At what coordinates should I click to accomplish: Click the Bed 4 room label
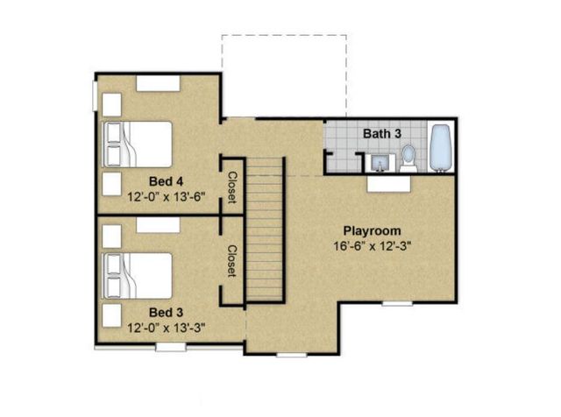click(x=165, y=182)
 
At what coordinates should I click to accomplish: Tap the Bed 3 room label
click(x=165, y=312)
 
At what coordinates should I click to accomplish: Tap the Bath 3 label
click(x=382, y=134)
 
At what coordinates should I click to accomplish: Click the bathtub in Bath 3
click(x=439, y=148)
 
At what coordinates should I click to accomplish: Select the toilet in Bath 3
click(x=408, y=158)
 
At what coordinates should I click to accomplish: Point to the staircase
click(x=265, y=230)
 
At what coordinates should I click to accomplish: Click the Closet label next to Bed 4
click(x=232, y=187)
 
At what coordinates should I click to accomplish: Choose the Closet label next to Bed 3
click(x=232, y=261)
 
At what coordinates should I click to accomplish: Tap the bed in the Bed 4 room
click(x=138, y=144)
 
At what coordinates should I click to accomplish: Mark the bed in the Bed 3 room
click(x=138, y=275)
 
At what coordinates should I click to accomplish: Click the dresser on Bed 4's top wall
click(x=158, y=82)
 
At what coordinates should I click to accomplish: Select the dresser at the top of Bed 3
click(x=158, y=224)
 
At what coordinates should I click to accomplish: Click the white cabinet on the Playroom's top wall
click(x=389, y=183)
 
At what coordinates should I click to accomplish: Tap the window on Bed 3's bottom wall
click(x=170, y=348)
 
